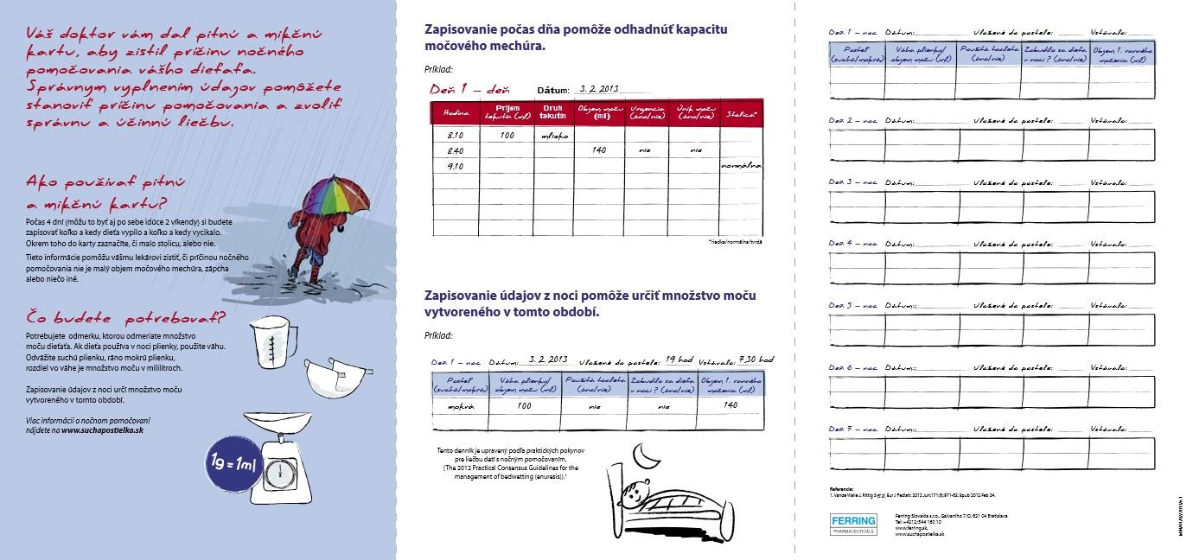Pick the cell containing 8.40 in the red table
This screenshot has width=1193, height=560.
pos(455,150)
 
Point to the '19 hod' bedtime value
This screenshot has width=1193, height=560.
pos(679,360)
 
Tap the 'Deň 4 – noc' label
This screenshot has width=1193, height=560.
pos(852,245)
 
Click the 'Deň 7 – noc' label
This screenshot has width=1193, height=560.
pos(852,430)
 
